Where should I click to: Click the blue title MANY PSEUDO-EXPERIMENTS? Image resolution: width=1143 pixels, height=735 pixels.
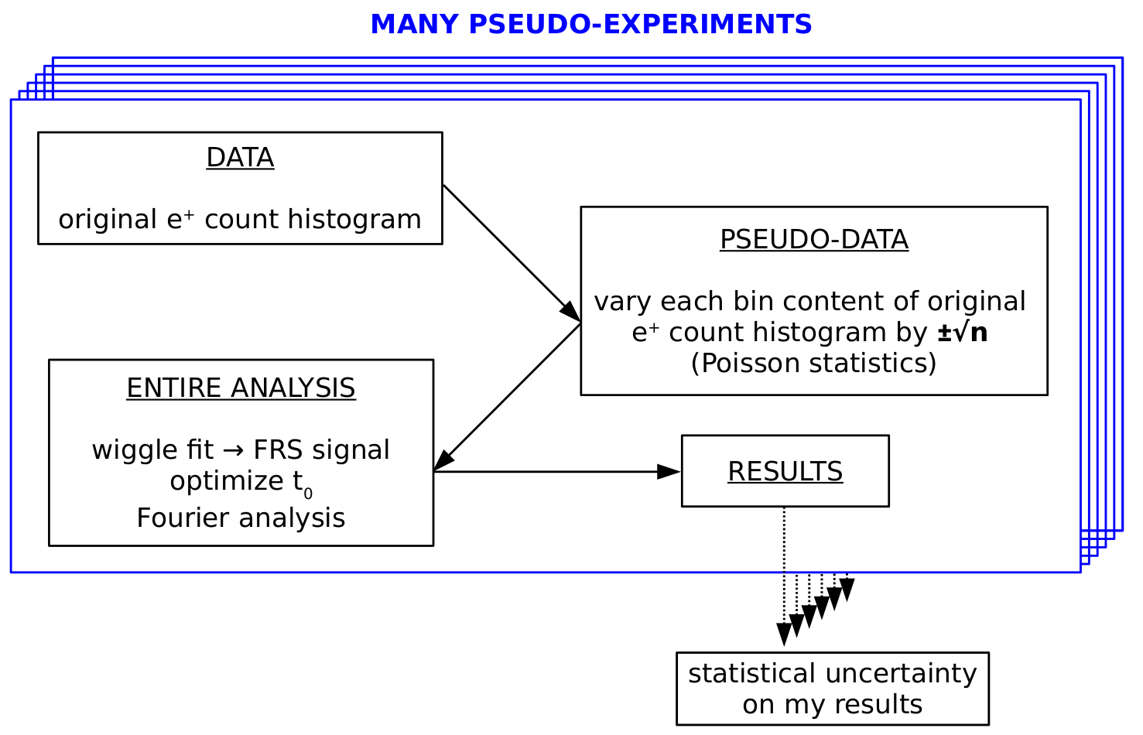(x=591, y=24)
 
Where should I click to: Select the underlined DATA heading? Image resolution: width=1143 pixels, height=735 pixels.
(x=241, y=157)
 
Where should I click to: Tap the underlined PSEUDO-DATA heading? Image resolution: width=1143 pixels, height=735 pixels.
(x=814, y=239)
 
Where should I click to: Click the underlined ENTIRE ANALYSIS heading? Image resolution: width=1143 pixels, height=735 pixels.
(x=241, y=388)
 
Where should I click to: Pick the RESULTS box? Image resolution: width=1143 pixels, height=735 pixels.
(x=785, y=471)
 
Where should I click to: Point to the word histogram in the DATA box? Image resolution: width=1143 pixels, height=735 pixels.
(x=354, y=220)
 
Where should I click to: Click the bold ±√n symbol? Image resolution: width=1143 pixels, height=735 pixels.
(x=963, y=333)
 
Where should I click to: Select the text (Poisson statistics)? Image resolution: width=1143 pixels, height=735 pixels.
(x=814, y=363)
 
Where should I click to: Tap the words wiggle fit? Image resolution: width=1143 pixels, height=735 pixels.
(x=152, y=450)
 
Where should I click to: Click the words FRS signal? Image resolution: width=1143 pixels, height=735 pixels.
(x=321, y=450)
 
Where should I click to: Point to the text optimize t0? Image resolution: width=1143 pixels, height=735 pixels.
(x=241, y=483)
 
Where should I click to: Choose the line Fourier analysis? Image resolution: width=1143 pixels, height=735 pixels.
(x=241, y=518)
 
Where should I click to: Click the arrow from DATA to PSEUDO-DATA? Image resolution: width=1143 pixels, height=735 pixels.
(x=512, y=253)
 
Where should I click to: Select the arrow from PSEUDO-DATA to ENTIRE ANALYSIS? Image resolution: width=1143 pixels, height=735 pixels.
(x=507, y=396)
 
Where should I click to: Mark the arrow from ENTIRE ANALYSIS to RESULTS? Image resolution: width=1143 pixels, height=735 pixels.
(x=556, y=472)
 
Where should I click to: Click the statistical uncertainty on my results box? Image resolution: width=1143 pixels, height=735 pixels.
(x=833, y=689)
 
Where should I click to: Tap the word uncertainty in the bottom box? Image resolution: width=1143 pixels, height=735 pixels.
(x=901, y=674)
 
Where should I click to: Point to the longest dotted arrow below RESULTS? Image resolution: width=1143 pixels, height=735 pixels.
(x=784, y=576)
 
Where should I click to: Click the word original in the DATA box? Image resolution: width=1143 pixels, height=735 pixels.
(x=108, y=220)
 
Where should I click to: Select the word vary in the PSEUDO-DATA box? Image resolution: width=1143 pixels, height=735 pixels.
(x=622, y=302)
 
